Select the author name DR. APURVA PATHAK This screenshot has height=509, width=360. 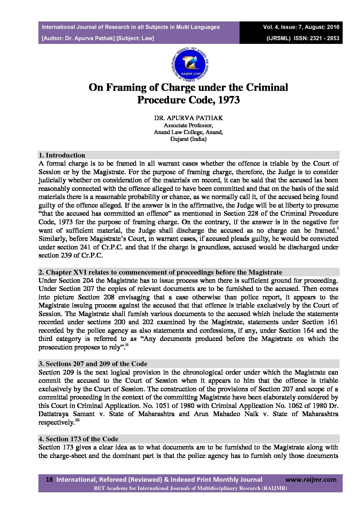pos(188,118)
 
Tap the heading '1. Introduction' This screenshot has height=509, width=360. pos(62,155)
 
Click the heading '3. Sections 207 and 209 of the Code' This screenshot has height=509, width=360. pos(93,364)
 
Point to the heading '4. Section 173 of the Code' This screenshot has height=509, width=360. pos(79,439)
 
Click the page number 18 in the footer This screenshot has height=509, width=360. pos(49,480)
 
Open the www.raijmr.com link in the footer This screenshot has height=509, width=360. pos(311,480)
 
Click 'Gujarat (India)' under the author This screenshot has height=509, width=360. pos(188,139)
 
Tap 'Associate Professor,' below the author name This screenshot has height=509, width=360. pos(188,125)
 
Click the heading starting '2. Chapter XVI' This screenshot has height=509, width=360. pos(160,272)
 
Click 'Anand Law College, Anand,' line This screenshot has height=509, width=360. pos(188,132)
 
